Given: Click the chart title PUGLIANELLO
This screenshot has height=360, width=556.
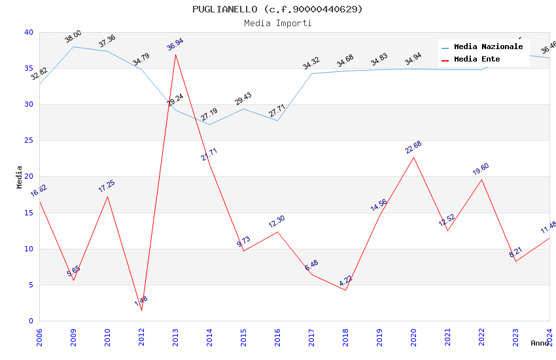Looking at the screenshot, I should (x=277, y=9).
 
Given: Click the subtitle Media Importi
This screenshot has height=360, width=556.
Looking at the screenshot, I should (x=277, y=24).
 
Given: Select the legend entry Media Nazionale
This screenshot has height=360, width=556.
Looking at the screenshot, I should (x=488, y=47).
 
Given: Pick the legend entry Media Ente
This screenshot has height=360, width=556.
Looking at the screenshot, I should (x=477, y=60).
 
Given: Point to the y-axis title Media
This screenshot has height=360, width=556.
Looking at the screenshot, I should (x=19, y=177).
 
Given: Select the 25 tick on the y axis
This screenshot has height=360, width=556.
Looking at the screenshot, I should (x=29, y=141).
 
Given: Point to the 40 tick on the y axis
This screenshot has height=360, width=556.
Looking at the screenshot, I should (x=29, y=33).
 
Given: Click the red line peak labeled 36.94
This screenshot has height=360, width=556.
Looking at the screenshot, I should (x=175, y=54).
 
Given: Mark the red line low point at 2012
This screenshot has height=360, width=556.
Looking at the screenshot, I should (x=141, y=310).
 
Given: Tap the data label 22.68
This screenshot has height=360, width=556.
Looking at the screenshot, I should (x=413, y=148).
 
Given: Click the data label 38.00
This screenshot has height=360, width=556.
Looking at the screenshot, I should (x=73, y=37).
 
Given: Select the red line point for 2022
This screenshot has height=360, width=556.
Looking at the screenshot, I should (x=481, y=179).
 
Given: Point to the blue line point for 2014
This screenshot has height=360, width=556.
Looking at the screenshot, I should (x=209, y=124).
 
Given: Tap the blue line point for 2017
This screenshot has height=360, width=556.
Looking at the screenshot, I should (x=311, y=73).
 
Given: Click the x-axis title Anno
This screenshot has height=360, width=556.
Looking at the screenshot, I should (x=540, y=343).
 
